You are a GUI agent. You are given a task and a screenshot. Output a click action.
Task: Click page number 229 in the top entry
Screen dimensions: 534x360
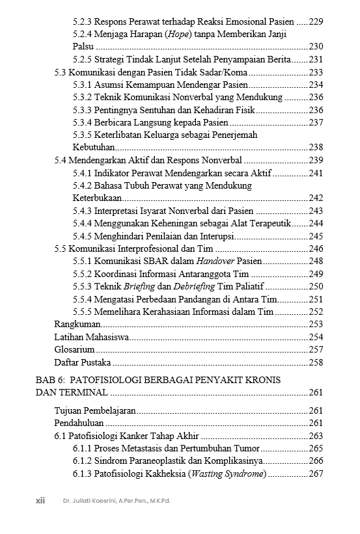point(316,21)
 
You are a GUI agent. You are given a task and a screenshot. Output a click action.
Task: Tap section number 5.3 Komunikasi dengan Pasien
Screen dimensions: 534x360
point(60,72)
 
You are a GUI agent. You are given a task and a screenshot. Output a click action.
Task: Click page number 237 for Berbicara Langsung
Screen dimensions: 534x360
point(316,122)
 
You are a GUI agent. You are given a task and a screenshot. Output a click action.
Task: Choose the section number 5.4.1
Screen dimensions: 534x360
point(82,172)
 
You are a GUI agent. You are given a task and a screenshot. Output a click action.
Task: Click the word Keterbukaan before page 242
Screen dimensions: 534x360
point(97,198)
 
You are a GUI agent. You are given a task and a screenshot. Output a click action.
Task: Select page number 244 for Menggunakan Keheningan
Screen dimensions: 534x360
point(316,223)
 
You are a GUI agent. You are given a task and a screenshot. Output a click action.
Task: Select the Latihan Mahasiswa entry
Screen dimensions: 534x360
point(91,337)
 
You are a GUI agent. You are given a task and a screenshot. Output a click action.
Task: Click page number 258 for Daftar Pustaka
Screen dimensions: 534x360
point(316,362)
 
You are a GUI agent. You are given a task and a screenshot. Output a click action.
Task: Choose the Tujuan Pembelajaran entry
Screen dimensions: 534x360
point(94,410)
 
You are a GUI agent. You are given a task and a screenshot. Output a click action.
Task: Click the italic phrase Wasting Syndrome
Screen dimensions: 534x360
point(227,474)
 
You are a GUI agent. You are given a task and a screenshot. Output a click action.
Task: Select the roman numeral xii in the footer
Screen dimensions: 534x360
point(40,501)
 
